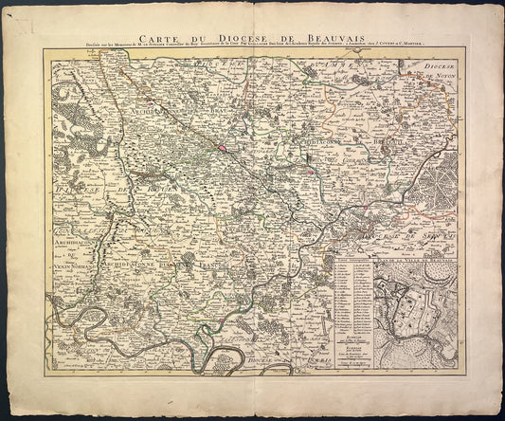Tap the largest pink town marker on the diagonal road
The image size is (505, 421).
click(222, 148)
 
